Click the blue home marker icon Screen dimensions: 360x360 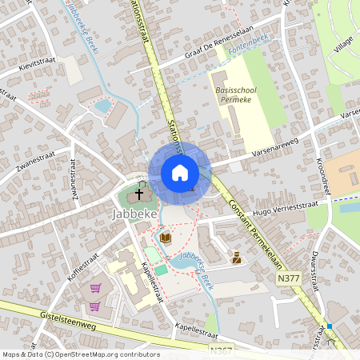(179, 172)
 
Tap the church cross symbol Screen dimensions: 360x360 (139, 194)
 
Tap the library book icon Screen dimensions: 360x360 (166, 238)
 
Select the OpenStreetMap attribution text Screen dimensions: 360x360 (81, 354)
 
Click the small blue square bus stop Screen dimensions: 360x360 (328, 326)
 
